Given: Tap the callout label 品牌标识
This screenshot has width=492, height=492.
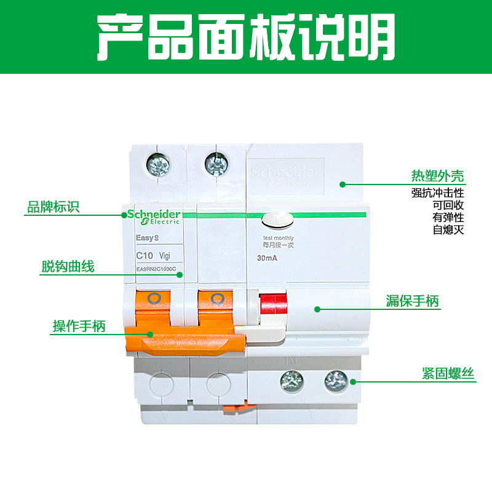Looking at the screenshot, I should (x=54, y=207).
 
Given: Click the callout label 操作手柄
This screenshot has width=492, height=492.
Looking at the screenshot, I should (x=78, y=327).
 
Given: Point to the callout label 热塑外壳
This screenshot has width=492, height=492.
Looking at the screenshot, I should (x=438, y=177).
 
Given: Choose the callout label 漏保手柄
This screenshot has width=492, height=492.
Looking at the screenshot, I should (x=413, y=301).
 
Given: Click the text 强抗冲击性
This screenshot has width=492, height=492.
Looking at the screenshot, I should (x=438, y=193).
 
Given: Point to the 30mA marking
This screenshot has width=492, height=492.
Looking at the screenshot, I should (x=266, y=258).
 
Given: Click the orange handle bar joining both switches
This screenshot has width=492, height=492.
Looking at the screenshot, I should (x=184, y=339).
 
